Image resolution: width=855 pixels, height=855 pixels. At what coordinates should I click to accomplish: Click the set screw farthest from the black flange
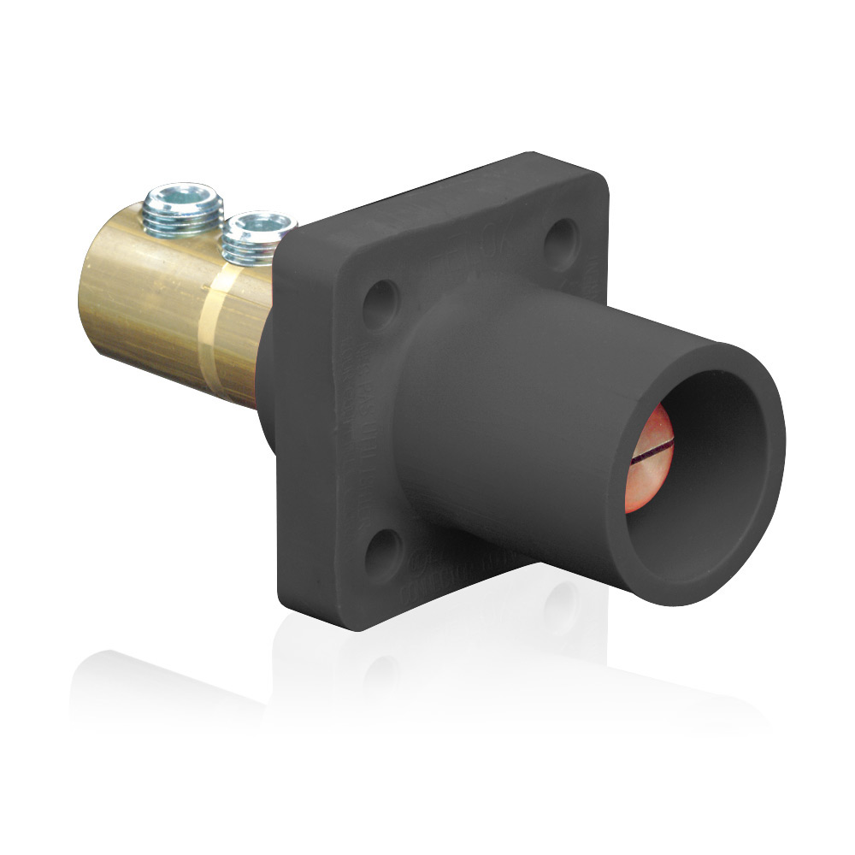[183, 209]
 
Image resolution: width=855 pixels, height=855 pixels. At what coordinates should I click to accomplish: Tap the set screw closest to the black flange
[255, 237]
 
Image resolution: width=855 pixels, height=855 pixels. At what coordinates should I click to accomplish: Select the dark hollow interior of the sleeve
[710, 479]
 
